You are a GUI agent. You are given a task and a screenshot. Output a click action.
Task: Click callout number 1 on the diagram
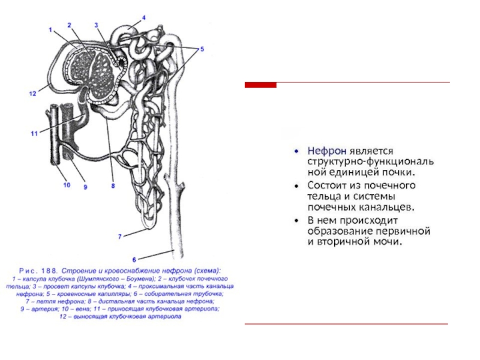click(51, 29)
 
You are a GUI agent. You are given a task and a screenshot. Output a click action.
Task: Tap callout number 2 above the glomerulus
click(70, 25)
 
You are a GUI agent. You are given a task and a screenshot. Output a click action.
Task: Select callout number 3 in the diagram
click(97, 25)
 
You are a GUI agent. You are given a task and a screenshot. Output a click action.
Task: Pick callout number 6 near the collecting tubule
click(134, 259)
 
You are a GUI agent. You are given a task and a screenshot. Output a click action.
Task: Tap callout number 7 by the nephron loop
click(120, 236)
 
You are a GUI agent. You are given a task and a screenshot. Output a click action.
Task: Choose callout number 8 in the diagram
click(112, 186)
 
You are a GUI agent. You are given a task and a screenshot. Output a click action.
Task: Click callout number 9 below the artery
click(85, 187)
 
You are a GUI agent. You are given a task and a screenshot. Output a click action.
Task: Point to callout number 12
click(32, 93)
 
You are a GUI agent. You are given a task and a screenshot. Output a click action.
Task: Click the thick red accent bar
click(261, 85)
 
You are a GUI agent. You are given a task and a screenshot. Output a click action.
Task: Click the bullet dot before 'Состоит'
click(298, 185)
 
